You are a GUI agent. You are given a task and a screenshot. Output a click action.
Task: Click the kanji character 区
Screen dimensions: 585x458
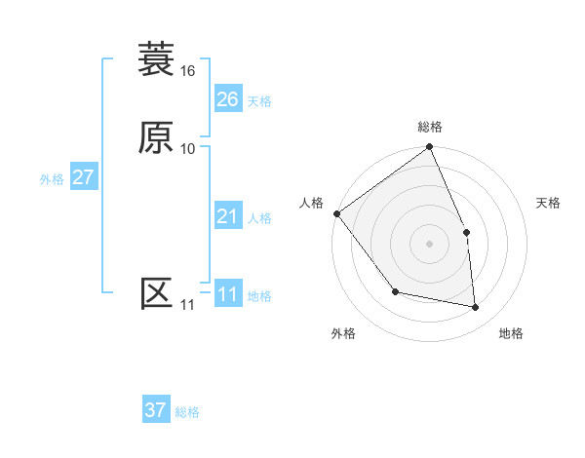156,293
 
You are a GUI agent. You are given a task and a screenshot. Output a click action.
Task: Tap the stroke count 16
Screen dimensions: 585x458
187,71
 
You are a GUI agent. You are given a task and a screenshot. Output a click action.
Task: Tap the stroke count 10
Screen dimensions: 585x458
187,149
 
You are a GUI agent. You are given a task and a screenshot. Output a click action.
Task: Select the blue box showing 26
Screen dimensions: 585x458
227,99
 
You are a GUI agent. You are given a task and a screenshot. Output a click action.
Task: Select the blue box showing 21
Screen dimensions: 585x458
227,216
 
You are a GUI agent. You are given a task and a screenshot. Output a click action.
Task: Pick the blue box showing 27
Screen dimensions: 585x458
83,177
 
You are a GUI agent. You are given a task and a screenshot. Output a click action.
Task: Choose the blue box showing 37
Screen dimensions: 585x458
156,410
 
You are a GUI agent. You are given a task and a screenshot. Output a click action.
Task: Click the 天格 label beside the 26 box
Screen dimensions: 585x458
259,101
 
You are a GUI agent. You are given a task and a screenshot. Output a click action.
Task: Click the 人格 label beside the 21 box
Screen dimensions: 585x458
259,218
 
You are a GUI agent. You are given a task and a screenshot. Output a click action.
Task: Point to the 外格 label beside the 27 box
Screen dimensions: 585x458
52,179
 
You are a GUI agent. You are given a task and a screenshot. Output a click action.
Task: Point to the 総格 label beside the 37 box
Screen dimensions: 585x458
187,412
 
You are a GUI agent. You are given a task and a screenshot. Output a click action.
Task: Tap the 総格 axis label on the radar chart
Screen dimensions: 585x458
430,127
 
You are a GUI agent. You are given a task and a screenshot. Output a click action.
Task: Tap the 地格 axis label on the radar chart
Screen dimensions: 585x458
511,333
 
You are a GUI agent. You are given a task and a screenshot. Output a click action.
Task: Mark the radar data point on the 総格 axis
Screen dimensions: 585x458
430,148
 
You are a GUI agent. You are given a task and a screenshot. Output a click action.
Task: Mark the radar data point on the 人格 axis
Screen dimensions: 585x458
336,213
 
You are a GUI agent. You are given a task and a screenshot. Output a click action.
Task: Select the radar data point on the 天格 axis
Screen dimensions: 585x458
466,232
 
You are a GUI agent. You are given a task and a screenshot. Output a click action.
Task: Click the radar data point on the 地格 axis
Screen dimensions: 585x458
475,307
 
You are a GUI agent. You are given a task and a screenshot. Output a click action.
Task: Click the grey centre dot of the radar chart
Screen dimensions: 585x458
430,244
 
